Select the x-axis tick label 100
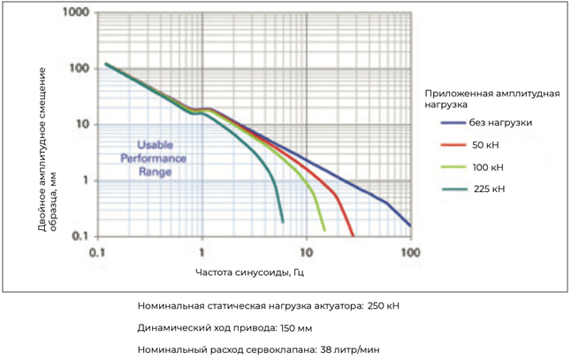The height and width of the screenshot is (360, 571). [410, 251]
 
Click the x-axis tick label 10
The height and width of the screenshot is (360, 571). [306, 251]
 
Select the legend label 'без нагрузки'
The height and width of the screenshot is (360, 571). [501, 121]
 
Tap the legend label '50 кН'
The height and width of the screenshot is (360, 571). [485, 143]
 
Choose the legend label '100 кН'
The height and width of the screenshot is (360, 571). [488, 165]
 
